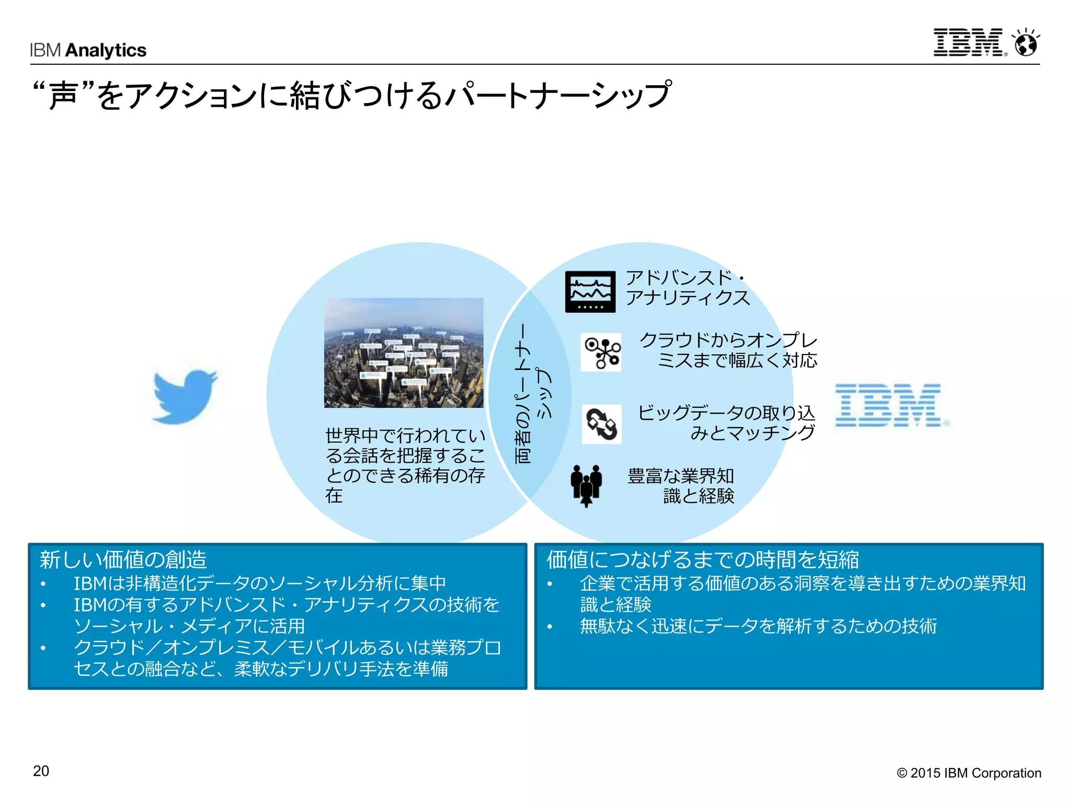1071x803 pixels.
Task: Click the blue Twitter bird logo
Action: pos(185,396)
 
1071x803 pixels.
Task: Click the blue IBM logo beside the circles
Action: pos(892,405)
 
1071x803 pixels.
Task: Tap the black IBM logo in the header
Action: pos(969,42)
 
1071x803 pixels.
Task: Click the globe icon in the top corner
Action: pos(1026,42)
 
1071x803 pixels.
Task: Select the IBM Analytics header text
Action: pos(88,50)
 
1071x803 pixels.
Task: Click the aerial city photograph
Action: pos(404,352)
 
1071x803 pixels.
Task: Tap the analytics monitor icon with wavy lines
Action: pos(590,292)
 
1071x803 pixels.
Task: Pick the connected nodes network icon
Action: pos(601,352)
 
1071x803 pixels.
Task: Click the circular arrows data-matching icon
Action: pos(601,424)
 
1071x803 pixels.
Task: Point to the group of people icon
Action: pos(586,485)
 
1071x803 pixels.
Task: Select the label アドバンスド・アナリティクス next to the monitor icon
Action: pos(687,288)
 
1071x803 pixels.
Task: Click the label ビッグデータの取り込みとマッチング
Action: pos(726,422)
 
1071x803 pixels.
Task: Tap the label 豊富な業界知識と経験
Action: pos(681,486)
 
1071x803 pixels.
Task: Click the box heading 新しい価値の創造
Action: pos(123,559)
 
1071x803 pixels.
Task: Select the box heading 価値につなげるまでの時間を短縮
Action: pos(702,559)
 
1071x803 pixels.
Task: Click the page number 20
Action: pos(41,771)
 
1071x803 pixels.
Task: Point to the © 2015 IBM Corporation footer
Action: pos(969,773)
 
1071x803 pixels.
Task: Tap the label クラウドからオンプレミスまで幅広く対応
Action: pos(728,350)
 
